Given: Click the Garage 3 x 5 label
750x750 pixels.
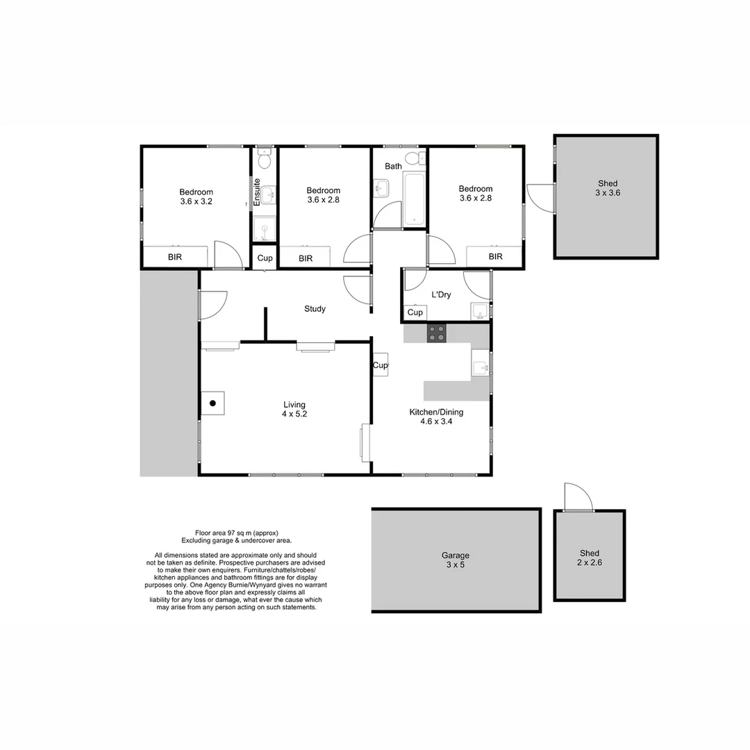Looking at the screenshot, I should tap(456, 560).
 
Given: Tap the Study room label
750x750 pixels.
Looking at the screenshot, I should tap(315, 309).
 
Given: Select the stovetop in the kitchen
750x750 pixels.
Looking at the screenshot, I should tap(437, 333).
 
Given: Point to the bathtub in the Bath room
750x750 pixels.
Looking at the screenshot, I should tap(414, 199).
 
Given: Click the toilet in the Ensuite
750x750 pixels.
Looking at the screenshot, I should tap(264, 160).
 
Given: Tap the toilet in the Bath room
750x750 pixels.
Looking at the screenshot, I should tap(413, 159).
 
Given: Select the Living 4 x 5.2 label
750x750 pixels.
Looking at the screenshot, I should tap(294, 410).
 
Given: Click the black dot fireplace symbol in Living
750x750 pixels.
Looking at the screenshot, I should tap(213, 403).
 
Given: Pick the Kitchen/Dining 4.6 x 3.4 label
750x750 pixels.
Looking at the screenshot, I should tap(436, 417).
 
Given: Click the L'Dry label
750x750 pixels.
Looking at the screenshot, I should tap(441, 294).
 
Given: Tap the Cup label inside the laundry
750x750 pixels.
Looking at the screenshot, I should tap(415, 312).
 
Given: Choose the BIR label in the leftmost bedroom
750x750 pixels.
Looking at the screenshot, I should tap(175, 257).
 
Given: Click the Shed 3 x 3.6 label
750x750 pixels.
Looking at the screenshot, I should tap(608, 188).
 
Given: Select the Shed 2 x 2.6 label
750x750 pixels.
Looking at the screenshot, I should tap(590, 558).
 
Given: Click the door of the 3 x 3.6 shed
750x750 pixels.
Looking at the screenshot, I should tap(542, 197).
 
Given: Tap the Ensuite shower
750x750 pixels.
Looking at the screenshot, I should tap(264, 229).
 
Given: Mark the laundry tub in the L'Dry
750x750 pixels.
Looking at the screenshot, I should tap(480, 312).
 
